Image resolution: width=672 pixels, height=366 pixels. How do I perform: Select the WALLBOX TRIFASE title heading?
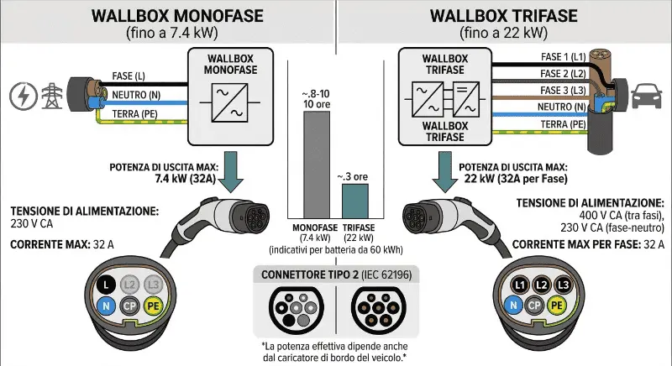point(503,15)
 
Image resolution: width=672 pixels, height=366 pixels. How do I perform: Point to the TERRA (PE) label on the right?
point(562,124)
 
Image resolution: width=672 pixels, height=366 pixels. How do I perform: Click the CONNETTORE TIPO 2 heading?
point(335,274)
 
